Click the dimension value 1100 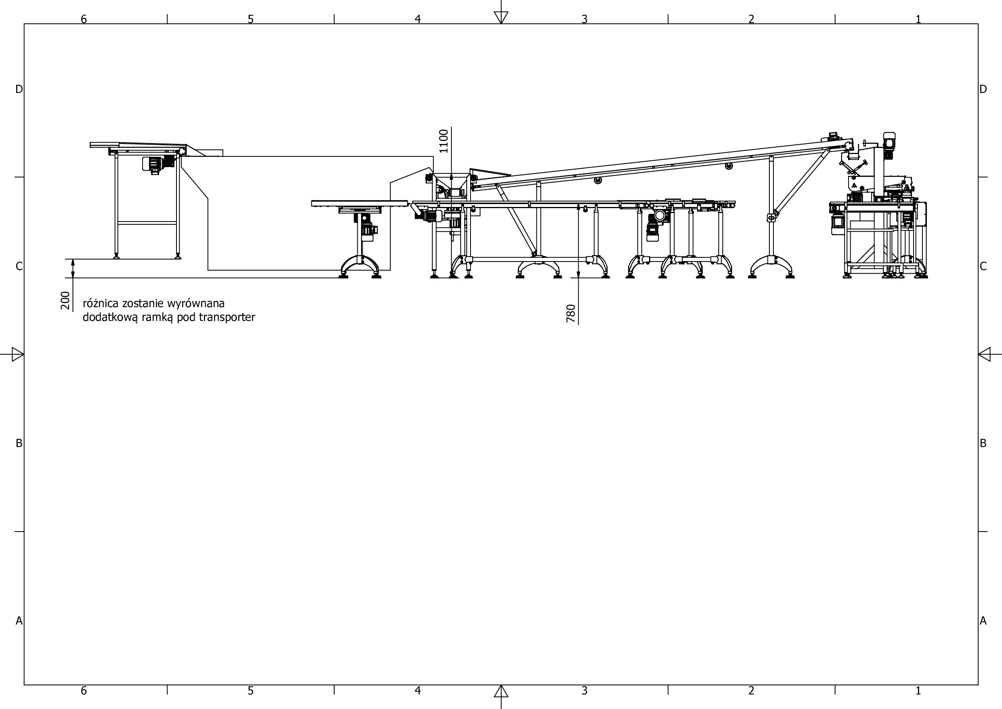pyautogui.click(x=443, y=141)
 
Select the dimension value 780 pyautogui.click(x=571, y=314)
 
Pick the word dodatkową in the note pyautogui.click(x=110, y=318)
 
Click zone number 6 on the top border pyautogui.click(x=84, y=19)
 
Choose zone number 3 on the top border pyautogui.click(x=584, y=19)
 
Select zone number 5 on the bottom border pyautogui.click(x=250, y=691)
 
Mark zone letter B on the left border pyautogui.click(x=19, y=443)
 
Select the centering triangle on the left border pyautogui.click(x=17, y=354)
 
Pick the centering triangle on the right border pyautogui.click(x=985, y=354)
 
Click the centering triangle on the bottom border pyautogui.click(x=501, y=692)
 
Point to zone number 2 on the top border pyautogui.click(x=751, y=19)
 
